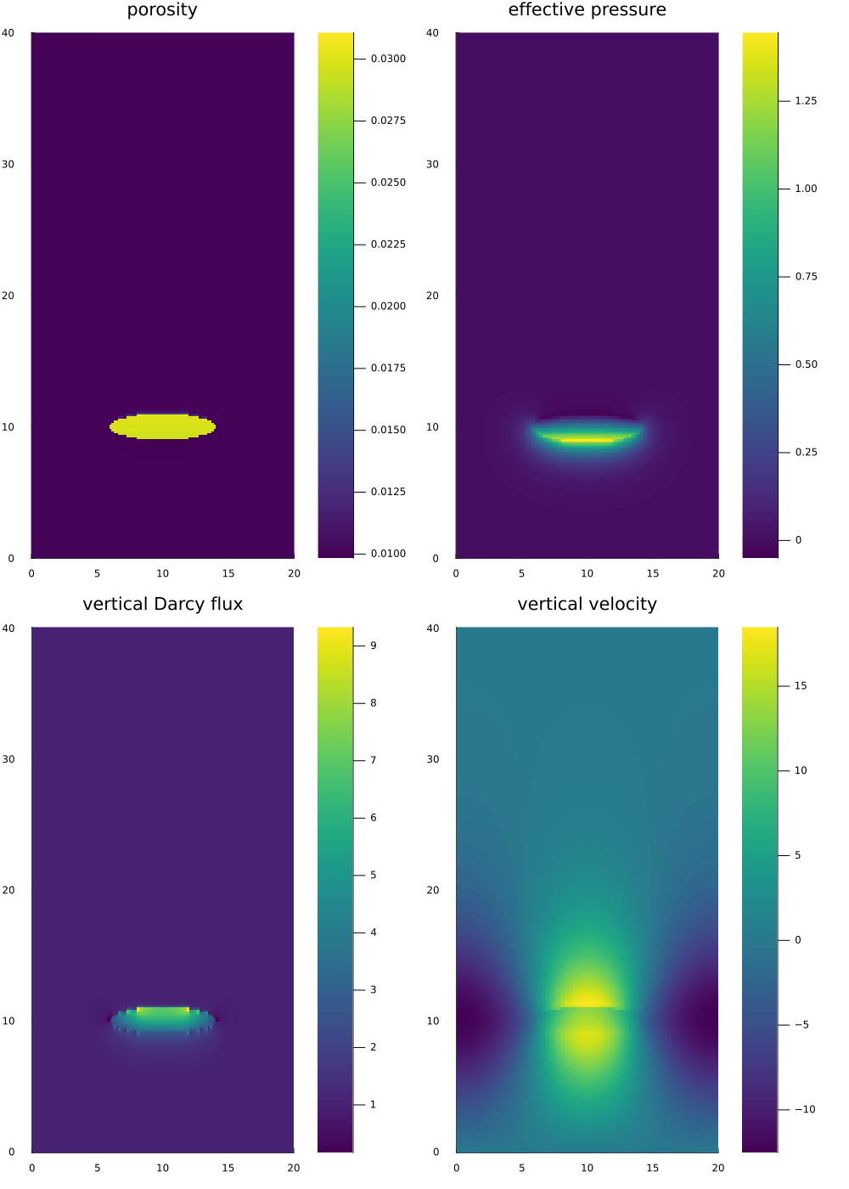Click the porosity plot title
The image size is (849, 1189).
(x=162, y=10)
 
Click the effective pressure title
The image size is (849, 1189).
(x=587, y=10)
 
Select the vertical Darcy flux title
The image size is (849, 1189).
(x=162, y=604)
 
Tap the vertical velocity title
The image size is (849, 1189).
(x=587, y=604)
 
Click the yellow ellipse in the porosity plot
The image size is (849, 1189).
(x=162, y=426)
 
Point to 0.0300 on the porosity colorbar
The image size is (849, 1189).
(x=388, y=59)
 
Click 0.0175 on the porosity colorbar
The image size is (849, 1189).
(x=388, y=368)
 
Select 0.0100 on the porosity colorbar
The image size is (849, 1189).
(x=388, y=554)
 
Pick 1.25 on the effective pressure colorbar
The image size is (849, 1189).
(x=806, y=100)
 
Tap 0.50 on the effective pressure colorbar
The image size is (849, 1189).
(x=806, y=364)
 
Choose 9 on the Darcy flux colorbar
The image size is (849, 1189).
(x=373, y=645)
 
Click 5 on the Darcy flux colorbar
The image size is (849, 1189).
(x=373, y=875)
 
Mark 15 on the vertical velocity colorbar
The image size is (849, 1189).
(x=801, y=685)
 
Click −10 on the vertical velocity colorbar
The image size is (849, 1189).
(x=804, y=1109)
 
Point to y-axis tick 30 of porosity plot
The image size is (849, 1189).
(x=8, y=164)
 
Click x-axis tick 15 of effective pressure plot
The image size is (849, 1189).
(x=653, y=573)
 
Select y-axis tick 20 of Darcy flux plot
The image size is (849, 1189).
(x=8, y=890)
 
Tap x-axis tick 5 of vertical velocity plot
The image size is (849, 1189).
(x=521, y=1168)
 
